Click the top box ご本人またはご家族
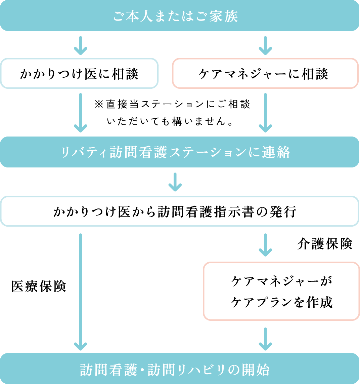click(180, 15)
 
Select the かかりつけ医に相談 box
click(79, 74)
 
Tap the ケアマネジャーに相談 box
click(265, 74)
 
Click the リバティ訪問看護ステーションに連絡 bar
click(180, 152)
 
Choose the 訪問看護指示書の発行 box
click(180, 212)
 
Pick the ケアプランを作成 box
click(281, 291)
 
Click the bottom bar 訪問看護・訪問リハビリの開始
click(180, 369)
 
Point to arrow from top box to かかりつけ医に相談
click(80, 46)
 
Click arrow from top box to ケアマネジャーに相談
click(265, 46)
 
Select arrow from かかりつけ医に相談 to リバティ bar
click(80, 113)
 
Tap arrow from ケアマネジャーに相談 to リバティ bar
click(265, 113)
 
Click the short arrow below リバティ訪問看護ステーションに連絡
click(175, 182)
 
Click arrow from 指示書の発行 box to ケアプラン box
click(265, 245)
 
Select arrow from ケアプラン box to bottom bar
click(265, 339)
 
